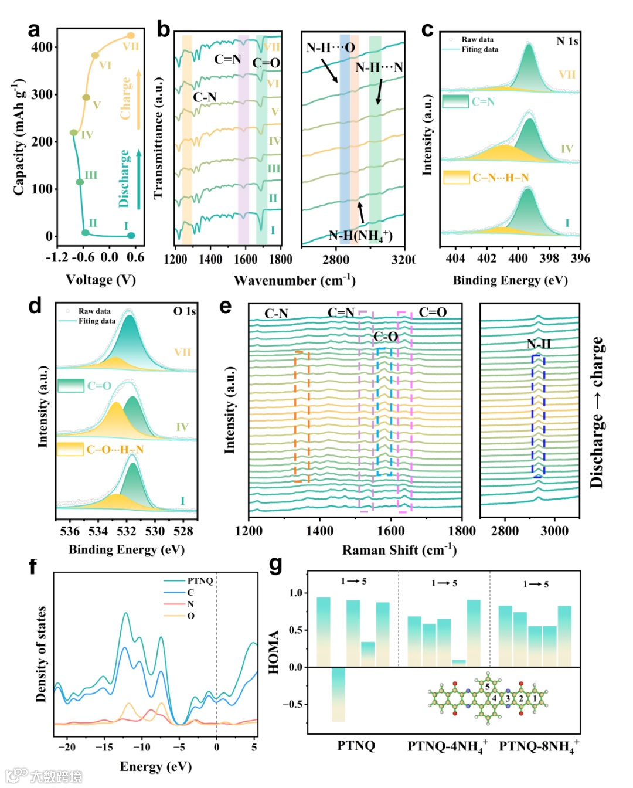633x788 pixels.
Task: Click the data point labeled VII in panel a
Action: (x=131, y=36)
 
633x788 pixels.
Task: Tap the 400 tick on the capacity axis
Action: (x=42, y=47)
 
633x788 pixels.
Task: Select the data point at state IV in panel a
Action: (x=73, y=133)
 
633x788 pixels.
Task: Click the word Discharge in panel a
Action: (x=124, y=178)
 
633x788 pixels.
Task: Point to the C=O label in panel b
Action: (x=266, y=63)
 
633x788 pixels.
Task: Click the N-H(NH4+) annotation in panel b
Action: (x=360, y=236)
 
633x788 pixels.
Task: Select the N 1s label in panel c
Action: (x=567, y=41)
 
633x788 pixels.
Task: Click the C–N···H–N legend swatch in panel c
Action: (x=456, y=176)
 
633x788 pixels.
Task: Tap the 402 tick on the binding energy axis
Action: (x=486, y=259)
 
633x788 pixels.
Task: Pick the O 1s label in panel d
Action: (x=184, y=311)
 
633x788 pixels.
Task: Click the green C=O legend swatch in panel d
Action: (x=71, y=385)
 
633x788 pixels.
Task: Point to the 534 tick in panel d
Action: (x=98, y=531)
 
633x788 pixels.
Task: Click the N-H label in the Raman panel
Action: (x=539, y=344)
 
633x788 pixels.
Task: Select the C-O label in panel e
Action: (x=386, y=337)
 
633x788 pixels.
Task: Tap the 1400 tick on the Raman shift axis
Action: (x=320, y=531)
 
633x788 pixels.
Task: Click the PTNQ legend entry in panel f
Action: (x=200, y=580)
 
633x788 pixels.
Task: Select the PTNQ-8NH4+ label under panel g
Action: (x=539, y=746)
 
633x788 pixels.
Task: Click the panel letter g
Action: (x=275, y=565)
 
